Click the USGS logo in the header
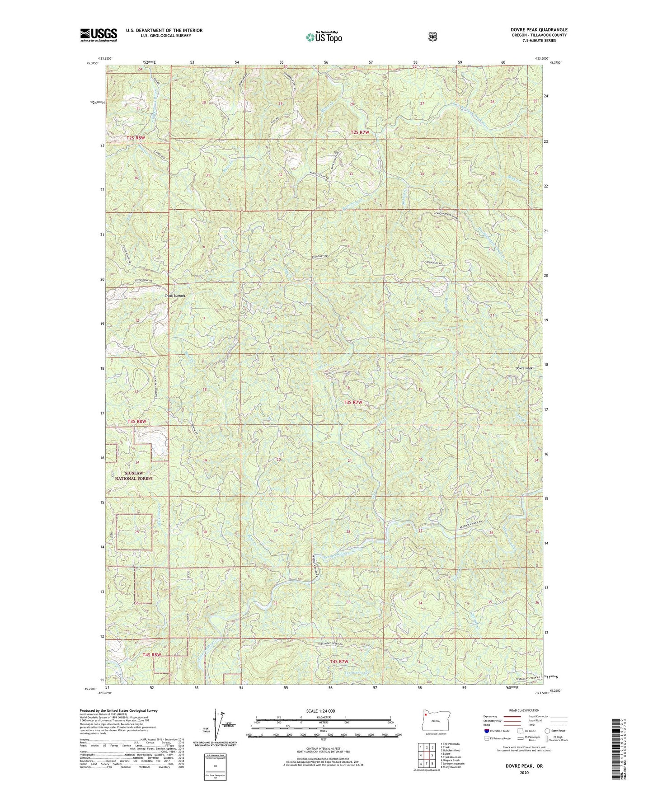click(99, 35)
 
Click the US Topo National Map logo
click(324, 37)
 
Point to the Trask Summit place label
click(175, 296)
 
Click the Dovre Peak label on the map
click(524, 368)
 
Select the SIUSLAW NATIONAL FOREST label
click(134, 475)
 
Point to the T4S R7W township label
click(339, 661)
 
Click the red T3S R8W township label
click(137, 421)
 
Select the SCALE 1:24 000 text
click(320, 711)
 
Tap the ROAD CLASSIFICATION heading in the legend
click(524, 710)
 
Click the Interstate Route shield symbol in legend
click(486, 730)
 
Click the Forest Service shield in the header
click(432, 37)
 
